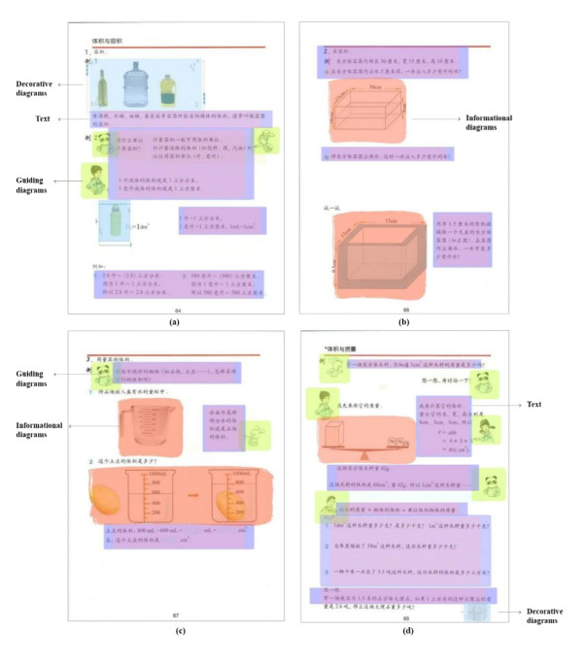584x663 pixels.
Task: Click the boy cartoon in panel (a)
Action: tap(94, 181)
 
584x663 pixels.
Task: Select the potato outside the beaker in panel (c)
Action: tap(109, 496)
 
